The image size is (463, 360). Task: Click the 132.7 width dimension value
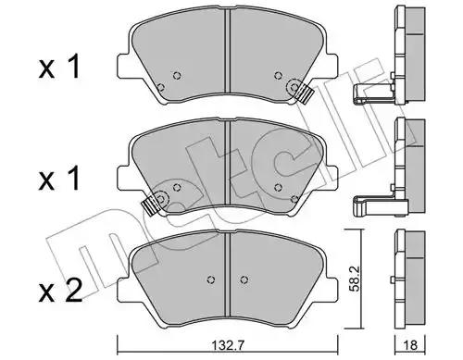coord(228,345)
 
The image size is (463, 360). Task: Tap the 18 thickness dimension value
coord(410,345)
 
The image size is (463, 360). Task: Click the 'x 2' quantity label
coord(60,291)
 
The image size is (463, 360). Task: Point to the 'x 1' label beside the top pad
coord(59,67)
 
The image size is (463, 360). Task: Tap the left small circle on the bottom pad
coord(211,279)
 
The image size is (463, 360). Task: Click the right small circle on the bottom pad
coord(244,279)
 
